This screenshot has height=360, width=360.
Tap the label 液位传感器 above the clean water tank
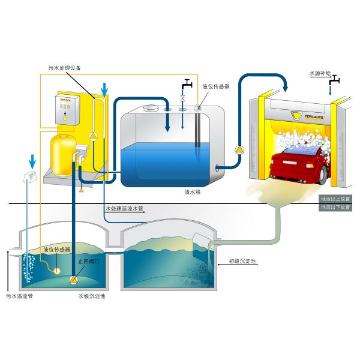[x=217, y=86]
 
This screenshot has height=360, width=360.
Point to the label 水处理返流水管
[x=125, y=209]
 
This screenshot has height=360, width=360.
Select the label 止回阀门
[x=89, y=262]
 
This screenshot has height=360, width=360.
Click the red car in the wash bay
[x=299, y=166]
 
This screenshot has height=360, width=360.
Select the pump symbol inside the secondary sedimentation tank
[x=73, y=280]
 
